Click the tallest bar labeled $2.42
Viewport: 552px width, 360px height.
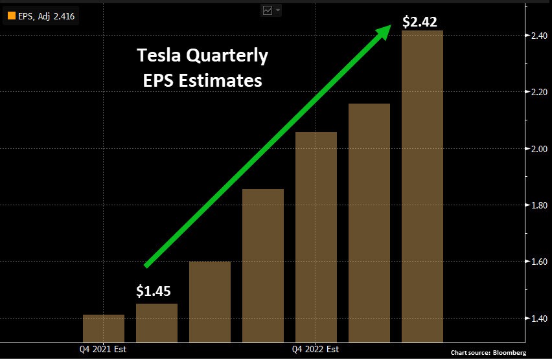tap(422, 186)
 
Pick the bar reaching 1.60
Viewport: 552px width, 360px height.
tap(210, 301)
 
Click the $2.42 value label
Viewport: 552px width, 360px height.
tap(424, 21)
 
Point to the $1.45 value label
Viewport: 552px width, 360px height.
tap(154, 291)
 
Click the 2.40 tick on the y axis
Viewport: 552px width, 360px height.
tap(538, 37)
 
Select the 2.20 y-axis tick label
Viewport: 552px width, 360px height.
tap(538, 93)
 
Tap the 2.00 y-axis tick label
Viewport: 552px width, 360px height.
tap(538, 150)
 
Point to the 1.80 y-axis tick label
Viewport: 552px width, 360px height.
tap(538, 206)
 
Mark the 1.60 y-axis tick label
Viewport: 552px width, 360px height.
tap(538, 262)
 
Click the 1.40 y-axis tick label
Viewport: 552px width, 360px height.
tap(538, 319)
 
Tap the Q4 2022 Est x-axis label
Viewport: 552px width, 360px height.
tap(316, 350)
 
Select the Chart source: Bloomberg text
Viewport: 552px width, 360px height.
tap(489, 352)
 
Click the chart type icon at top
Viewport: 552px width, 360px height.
tap(268, 10)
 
